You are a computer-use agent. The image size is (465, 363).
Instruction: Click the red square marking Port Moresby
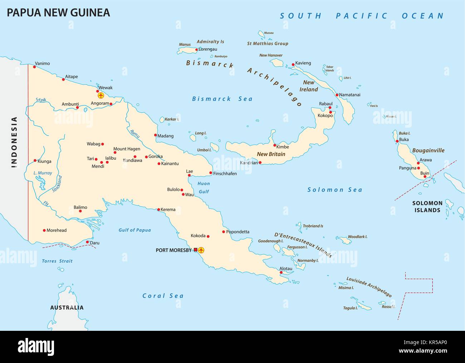(195, 250)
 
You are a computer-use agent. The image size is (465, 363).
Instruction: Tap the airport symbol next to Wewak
(101, 95)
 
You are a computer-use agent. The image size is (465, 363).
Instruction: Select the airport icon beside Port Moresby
(201, 250)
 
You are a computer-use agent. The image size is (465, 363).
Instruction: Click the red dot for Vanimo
(35, 67)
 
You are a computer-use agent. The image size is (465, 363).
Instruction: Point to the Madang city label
(166, 136)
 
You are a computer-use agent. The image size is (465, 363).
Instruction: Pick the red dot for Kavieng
(293, 65)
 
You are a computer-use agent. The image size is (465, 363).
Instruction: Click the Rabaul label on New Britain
(325, 104)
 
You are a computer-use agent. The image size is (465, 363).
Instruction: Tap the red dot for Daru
(88, 242)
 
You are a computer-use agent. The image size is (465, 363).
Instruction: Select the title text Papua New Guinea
(58, 13)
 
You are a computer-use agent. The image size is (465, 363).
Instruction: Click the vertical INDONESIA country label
(14, 142)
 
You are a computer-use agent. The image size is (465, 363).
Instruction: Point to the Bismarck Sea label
(222, 99)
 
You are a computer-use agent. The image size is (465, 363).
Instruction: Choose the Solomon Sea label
(335, 190)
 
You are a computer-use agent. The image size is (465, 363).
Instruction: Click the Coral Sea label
(163, 296)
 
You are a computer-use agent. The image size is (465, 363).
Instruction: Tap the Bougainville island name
(428, 151)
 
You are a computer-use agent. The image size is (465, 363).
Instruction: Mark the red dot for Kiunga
(35, 161)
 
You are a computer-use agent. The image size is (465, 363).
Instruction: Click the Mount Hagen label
(127, 149)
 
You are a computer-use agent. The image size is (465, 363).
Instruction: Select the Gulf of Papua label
(134, 230)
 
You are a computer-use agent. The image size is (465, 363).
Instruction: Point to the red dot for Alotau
(281, 273)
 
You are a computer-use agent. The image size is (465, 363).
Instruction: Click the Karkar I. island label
(172, 119)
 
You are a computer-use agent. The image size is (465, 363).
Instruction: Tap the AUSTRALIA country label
(67, 308)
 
